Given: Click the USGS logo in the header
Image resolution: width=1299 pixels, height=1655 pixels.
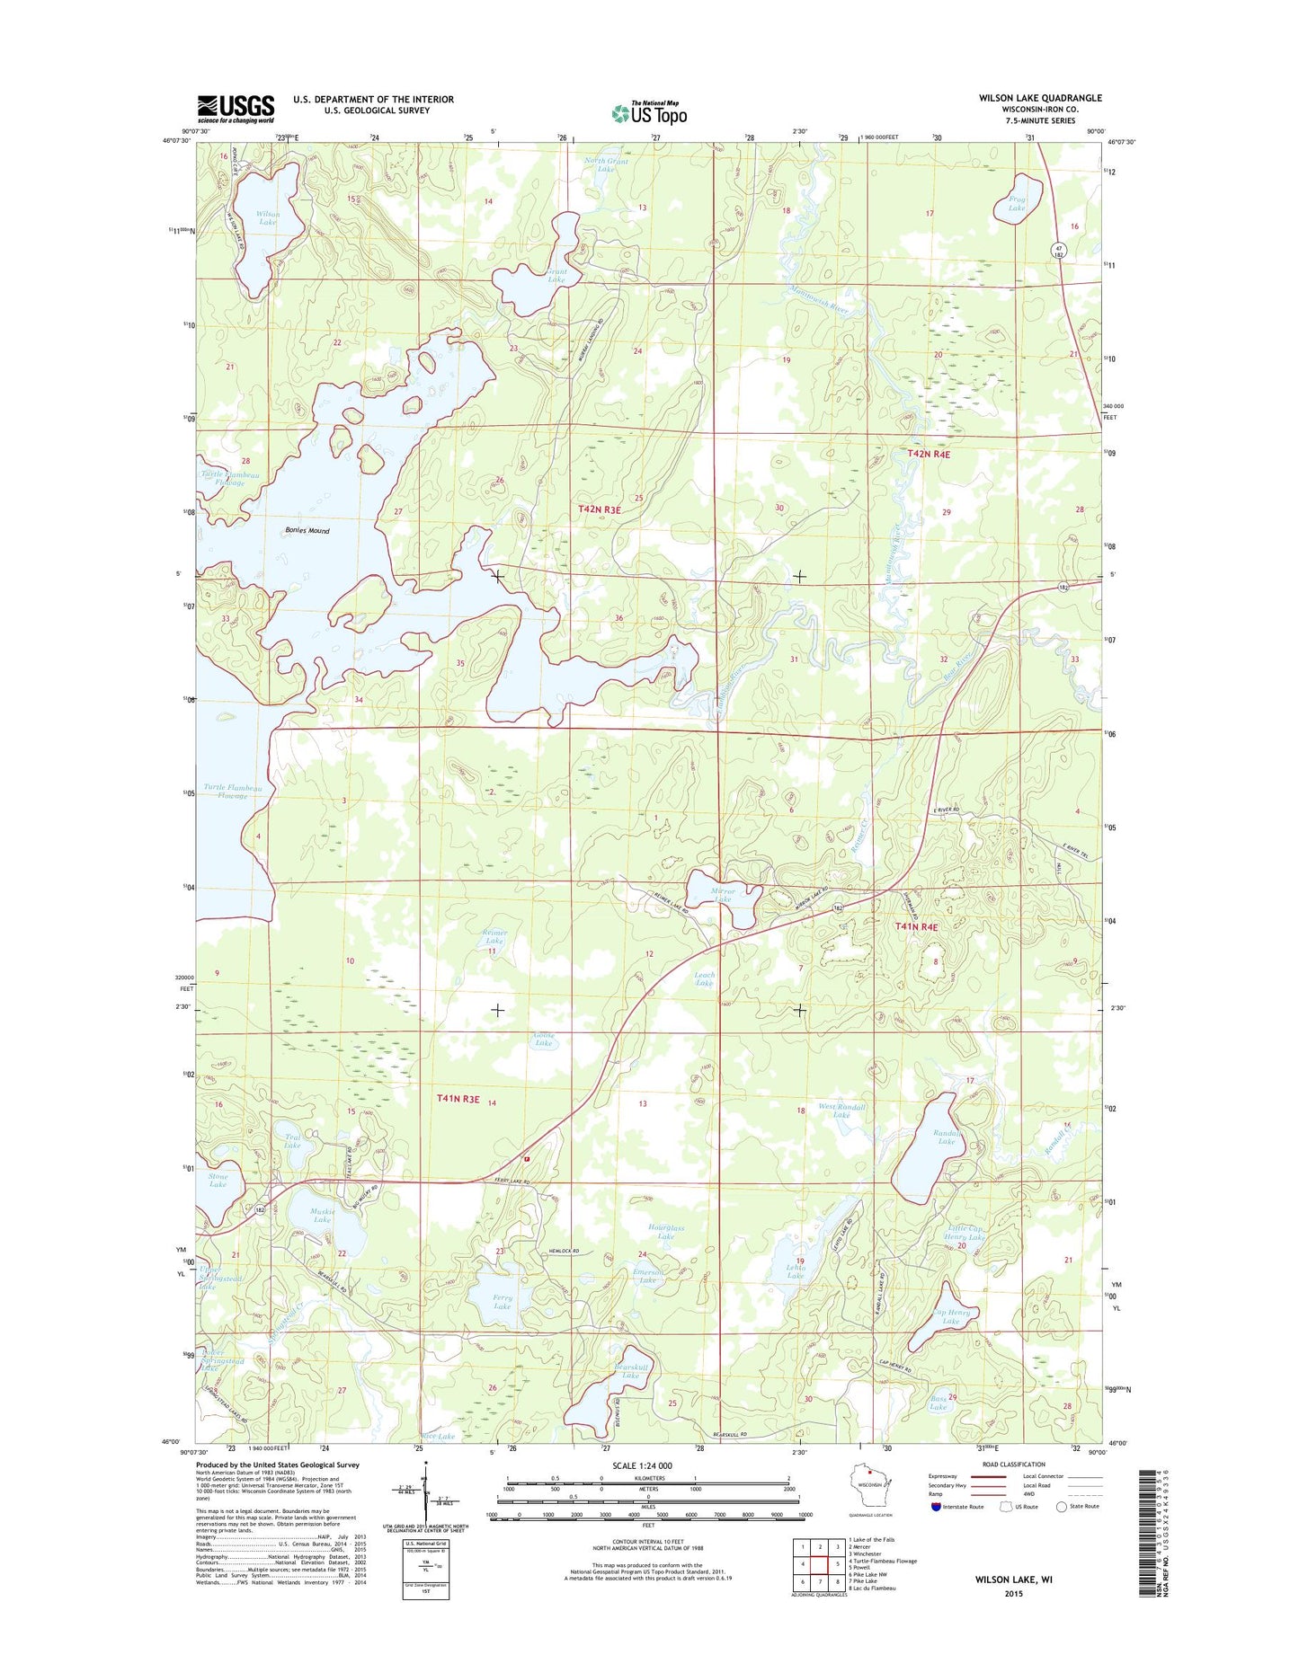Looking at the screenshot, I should click(x=236, y=109).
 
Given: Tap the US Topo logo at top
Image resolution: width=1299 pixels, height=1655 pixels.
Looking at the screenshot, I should click(x=649, y=112).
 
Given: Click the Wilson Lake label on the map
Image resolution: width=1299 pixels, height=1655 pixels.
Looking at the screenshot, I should click(x=268, y=217).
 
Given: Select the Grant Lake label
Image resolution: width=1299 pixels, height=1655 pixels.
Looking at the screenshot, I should click(x=556, y=276).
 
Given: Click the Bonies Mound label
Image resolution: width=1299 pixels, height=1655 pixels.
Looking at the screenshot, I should click(x=307, y=531).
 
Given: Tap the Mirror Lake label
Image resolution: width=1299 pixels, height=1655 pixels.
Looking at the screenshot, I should click(x=723, y=895).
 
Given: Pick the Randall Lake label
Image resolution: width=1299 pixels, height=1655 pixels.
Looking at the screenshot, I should click(x=947, y=1137).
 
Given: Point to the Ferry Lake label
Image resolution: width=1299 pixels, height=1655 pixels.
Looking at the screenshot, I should click(x=502, y=1301).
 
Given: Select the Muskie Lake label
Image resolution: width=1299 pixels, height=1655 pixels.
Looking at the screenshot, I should click(x=323, y=1216).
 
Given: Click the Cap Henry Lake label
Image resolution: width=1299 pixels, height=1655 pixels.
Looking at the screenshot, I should click(x=952, y=1316).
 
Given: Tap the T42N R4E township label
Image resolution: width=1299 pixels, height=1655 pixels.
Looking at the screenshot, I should click(x=929, y=455).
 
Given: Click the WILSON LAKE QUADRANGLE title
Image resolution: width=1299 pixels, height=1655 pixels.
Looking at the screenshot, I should click(x=1040, y=98).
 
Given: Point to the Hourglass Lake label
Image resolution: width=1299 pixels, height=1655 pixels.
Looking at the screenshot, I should click(x=666, y=1232).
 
